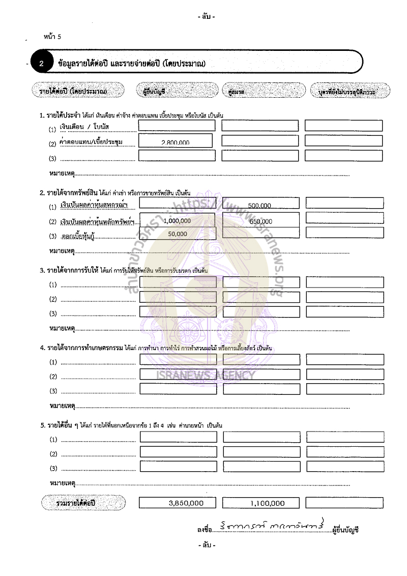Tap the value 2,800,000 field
tap(175, 141)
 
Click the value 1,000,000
tap(178, 220)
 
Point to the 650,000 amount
tap(260, 221)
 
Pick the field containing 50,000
tap(178, 234)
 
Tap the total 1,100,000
tap(261, 503)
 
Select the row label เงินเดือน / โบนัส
tap(85, 126)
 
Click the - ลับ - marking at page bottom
tap(207, 545)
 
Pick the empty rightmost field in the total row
tap(344, 503)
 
